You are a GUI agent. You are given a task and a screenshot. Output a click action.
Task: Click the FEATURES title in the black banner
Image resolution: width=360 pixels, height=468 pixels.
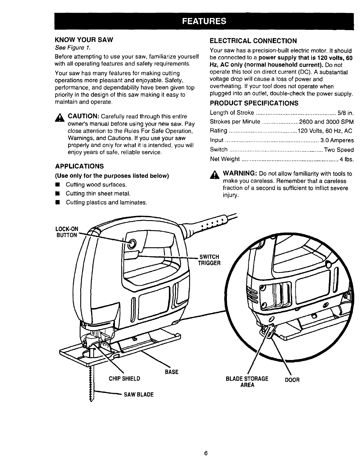(x=204, y=21)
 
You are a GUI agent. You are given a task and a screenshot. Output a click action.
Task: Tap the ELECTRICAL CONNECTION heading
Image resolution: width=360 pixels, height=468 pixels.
(x=253, y=41)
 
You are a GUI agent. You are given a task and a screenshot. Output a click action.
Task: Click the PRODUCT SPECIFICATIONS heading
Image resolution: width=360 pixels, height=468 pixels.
(x=254, y=103)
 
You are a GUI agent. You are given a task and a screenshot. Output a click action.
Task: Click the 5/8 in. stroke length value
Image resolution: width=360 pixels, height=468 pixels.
(x=346, y=113)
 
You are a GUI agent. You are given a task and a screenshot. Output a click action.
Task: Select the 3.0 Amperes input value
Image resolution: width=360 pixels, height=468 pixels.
(x=337, y=140)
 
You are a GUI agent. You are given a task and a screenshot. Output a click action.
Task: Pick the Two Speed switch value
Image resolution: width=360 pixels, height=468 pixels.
(x=338, y=150)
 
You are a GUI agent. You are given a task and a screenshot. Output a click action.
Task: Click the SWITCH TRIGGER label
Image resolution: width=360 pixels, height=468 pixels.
(x=209, y=260)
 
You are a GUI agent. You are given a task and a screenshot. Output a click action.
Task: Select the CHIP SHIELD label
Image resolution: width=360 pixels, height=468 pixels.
(x=124, y=379)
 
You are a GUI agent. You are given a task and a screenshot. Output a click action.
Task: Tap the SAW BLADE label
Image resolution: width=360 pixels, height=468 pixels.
(x=139, y=395)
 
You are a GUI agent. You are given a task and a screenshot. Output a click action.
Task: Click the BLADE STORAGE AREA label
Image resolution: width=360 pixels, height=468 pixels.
(x=247, y=382)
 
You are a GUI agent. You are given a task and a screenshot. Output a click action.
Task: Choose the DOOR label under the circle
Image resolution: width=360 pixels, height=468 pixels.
(x=292, y=380)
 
